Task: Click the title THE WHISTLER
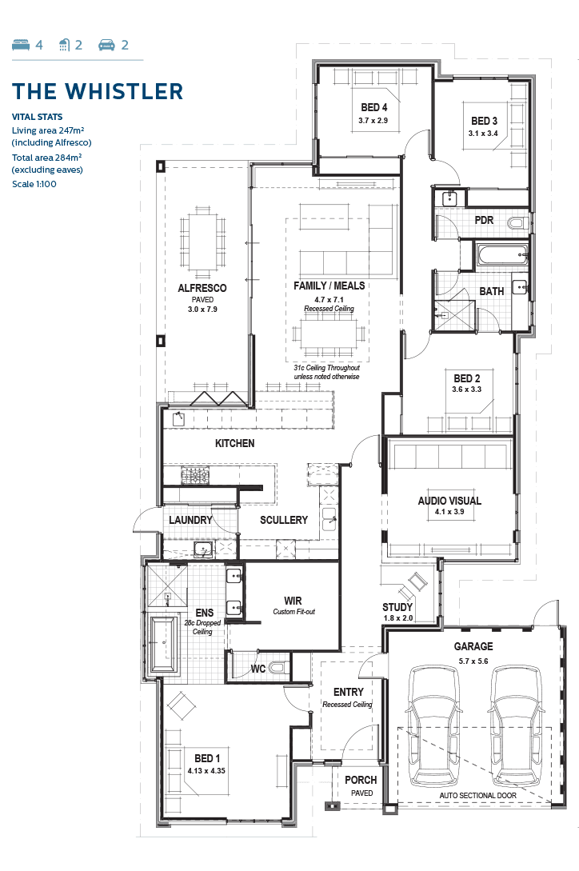click(98, 92)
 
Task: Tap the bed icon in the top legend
click(21, 45)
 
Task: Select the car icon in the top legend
click(106, 45)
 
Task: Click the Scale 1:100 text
click(34, 184)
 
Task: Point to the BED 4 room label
click(374, 107)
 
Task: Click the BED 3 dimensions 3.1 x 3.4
click(483, 134)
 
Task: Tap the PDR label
click(484, 220)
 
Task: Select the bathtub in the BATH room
click(502, 256)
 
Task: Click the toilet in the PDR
click(518, 223)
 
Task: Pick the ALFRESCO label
click(202, 288)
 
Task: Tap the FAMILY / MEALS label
click(329, 286)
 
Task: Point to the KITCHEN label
click(234, 443)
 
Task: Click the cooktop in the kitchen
click(195, 476)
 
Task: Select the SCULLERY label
click(284, 520)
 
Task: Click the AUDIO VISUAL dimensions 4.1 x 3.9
click(449, 512)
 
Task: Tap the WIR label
click(293, 601)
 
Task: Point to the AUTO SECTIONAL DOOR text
click(478, 796)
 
